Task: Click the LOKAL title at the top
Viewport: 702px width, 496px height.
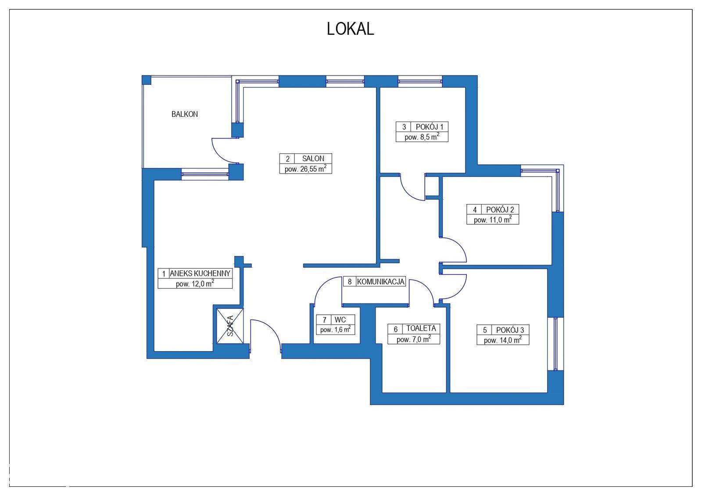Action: pyautogui.click(x=351, y=29)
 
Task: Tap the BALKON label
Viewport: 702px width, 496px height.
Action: pyautogui.click(x=185, y=114)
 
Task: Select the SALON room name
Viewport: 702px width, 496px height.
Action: pyautogui.click(x=313, y=158)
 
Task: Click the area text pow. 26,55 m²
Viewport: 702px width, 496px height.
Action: pyautogui.click(x=305, y=169)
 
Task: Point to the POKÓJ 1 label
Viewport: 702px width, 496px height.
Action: pyautogui.click(x=430, y=127)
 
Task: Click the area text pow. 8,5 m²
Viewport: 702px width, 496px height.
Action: pyautogui.click(x=422, y=137)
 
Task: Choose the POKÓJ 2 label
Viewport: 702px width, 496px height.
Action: pyautogui.click(x=500, y=209)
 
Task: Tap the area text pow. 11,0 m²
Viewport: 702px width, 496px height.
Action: pyautogui.click(x=493, y=219)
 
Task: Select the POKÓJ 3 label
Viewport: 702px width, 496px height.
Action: pyautogui.click(x=510, y=330)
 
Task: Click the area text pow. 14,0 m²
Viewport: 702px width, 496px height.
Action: pyautogui.click(x=503, y=340)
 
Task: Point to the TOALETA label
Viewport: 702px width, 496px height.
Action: pyautogui.click(x=421, y=328)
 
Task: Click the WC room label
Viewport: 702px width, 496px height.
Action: pyautogui.click(x=340, y=320)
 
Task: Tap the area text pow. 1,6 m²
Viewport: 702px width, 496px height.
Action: pyautogui.click(x=335, y=330)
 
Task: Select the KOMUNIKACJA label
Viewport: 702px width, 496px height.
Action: pyautogui.click(x=380, y=281)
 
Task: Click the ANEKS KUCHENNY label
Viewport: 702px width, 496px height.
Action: pyautogui.click(x=200, y=273)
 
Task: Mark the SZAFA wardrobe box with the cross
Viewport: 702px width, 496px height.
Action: pyautogui.click(x=230, y=326)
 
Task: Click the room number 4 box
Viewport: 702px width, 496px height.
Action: pyautogui.click(x=474, y=209)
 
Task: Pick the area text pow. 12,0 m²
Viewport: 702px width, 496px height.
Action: pyautogui.click(x=195, y=284)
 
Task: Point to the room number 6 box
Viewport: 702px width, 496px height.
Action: pyautogui.click(x=395, y=329)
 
